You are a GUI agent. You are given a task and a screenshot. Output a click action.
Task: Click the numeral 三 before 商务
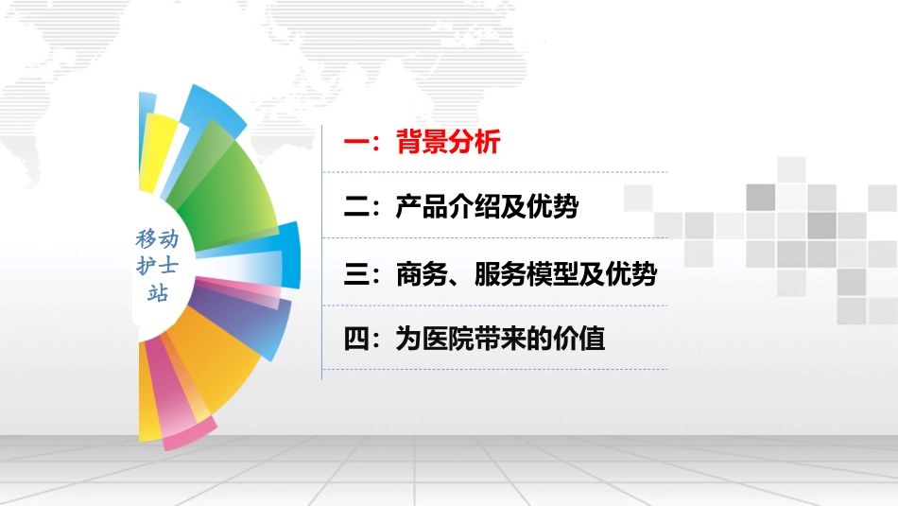tap(355, 275)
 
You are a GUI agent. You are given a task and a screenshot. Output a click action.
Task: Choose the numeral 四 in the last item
tap(355, 339)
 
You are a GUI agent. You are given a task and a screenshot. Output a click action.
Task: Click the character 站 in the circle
tap(157, 293)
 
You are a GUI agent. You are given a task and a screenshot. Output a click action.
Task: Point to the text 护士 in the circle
tap(157, 266)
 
